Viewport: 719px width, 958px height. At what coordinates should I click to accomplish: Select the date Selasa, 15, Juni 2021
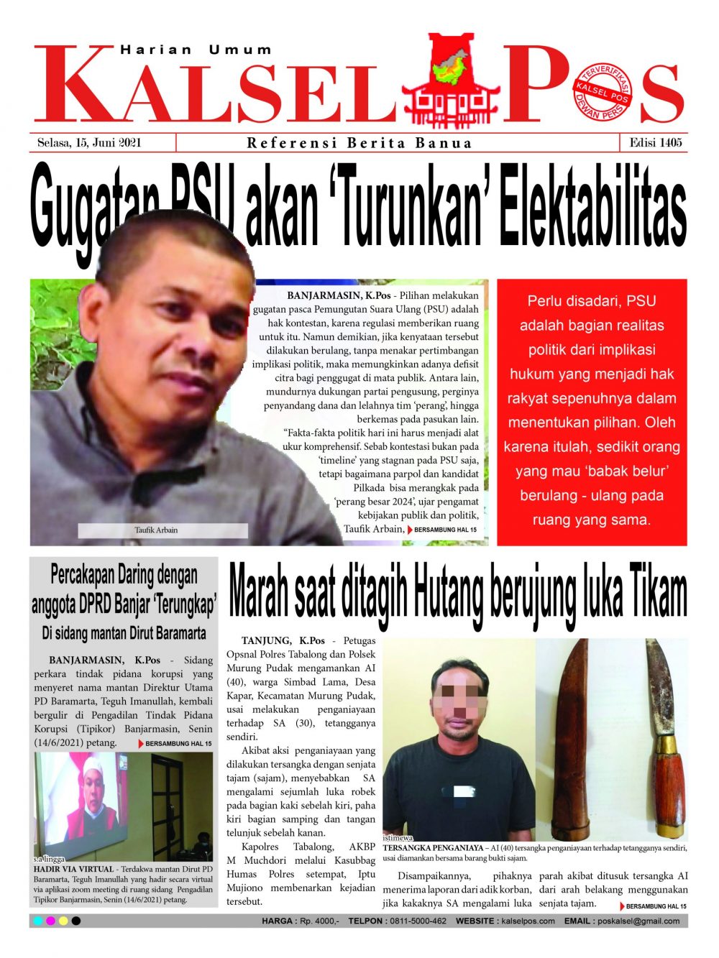click(x=89, y=142)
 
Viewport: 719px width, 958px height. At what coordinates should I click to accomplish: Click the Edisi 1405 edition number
click(x=655, y=142)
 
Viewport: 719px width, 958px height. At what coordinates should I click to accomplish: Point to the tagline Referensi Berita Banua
click(x=359, y=142)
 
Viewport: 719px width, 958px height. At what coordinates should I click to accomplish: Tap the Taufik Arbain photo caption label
click(x=156, y=530)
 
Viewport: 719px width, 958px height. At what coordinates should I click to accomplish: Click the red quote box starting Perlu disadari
click(x=592, y=411)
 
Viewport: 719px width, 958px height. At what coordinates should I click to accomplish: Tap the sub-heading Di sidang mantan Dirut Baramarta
click(x=124, y=634)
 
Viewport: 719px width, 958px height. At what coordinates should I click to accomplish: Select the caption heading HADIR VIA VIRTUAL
click(x=74, y=869)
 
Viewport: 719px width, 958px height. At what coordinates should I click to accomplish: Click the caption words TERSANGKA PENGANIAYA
click(x=433, y=848)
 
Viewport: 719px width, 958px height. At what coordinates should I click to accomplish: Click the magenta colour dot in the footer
click(x=50, y=921)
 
